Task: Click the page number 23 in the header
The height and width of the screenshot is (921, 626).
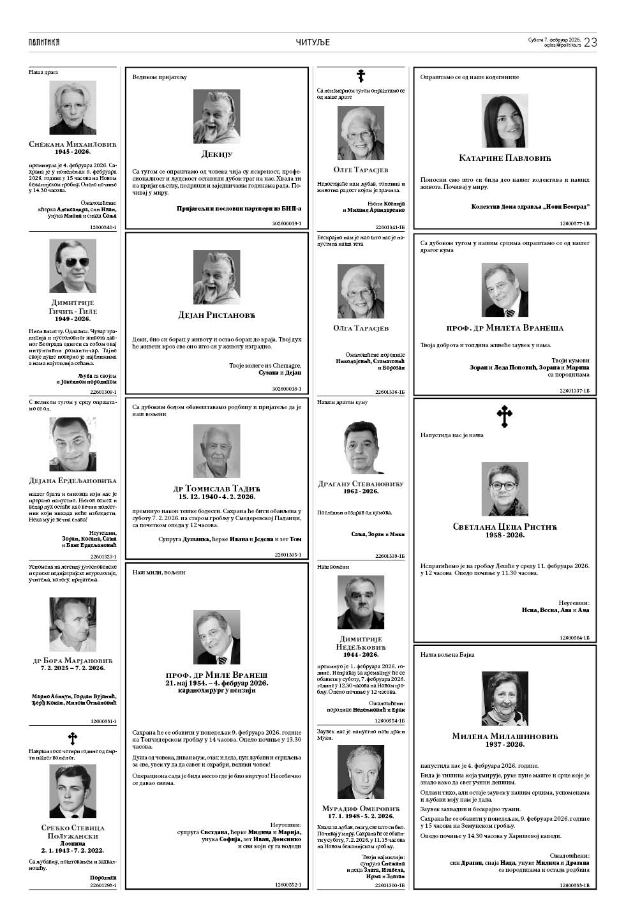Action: (x=590, y=42)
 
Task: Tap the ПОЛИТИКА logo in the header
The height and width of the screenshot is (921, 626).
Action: (x=44, y=42)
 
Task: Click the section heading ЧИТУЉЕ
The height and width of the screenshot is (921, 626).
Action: (x=313, y=42)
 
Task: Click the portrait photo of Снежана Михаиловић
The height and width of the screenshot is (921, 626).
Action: (x=73, y=108)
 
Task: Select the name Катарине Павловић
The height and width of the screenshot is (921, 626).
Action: (x=505, y=158)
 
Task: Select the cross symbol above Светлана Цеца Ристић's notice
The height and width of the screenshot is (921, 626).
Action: (x=504, y=417)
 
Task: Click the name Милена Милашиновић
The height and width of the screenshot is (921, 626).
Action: (x=505, y=736)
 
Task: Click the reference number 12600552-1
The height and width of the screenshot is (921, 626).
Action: (x=288, y=885)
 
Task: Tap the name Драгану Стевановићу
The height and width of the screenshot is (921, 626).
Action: (x=361, y=484)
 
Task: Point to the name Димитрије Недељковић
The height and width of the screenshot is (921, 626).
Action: (x=361, y=643)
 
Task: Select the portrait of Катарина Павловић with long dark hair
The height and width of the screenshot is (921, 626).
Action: (x=505, y=121)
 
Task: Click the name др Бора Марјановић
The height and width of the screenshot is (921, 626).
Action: (x=73, y=660)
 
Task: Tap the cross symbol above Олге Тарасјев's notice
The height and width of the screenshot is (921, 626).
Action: (x=361, y=77)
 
